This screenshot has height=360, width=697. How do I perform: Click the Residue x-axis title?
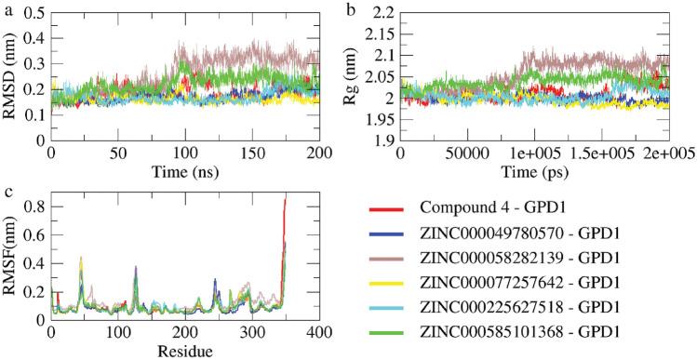pyautogui.click(x=188, y=352)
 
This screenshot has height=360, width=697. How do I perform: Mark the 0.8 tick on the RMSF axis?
pyautogui.click(x=34, y=202)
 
